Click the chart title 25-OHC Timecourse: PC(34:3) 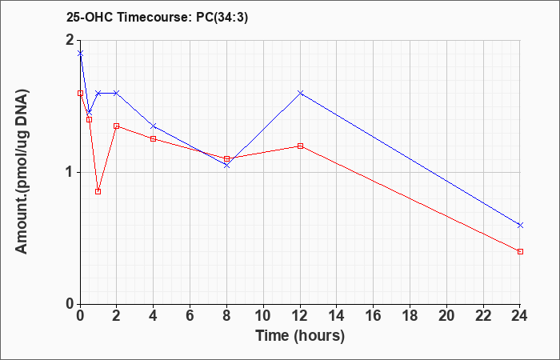157,17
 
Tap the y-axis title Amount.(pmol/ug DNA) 22,172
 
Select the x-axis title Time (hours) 300,336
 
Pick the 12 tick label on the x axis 300,316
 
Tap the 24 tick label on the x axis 520,316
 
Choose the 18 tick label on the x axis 410,316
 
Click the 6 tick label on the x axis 190,316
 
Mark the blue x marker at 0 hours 80,54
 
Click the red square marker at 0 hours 80,94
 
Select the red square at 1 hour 98,192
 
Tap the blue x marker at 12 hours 300,93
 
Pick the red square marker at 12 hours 300,146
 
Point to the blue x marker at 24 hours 520,225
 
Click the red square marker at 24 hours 520,252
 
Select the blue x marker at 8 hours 226,166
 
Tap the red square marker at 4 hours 154,139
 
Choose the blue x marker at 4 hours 154,126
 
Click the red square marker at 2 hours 117,126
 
